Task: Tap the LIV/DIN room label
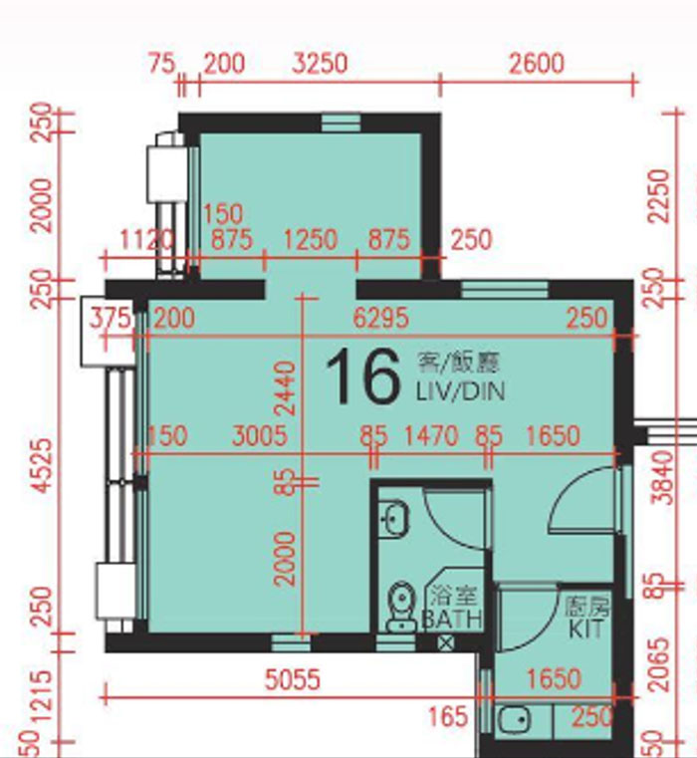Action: [x=460, y=391]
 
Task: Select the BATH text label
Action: [x=453, y=620]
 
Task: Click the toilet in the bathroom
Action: [x=401, y=607]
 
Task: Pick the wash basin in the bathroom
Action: [x=394, y=517]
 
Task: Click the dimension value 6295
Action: [x=381, y=318]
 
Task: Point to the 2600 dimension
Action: [x=536, y=65]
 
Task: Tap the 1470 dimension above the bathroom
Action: [x=430, y=435]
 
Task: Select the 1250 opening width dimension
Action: [x=310, y=240]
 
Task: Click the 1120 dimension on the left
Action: [x=146, y=240]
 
